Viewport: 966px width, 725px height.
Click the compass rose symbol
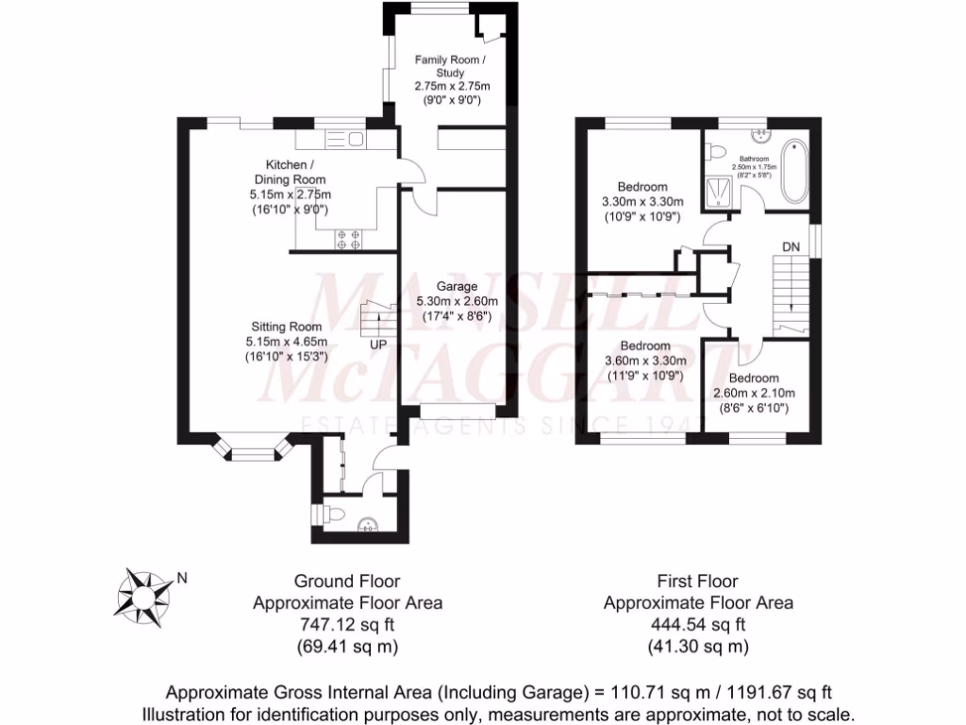143,594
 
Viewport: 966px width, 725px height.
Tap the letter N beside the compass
183,579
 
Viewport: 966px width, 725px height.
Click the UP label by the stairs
378,344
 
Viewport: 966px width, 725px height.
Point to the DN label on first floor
791,247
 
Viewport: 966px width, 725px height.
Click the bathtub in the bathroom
794,171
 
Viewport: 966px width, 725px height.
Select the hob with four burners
347,239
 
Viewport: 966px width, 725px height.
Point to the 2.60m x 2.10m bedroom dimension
754,394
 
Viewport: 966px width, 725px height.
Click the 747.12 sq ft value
346,624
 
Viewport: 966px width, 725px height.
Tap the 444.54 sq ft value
697,624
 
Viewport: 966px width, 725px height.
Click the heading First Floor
697,581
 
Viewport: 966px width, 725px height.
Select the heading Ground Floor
346,581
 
